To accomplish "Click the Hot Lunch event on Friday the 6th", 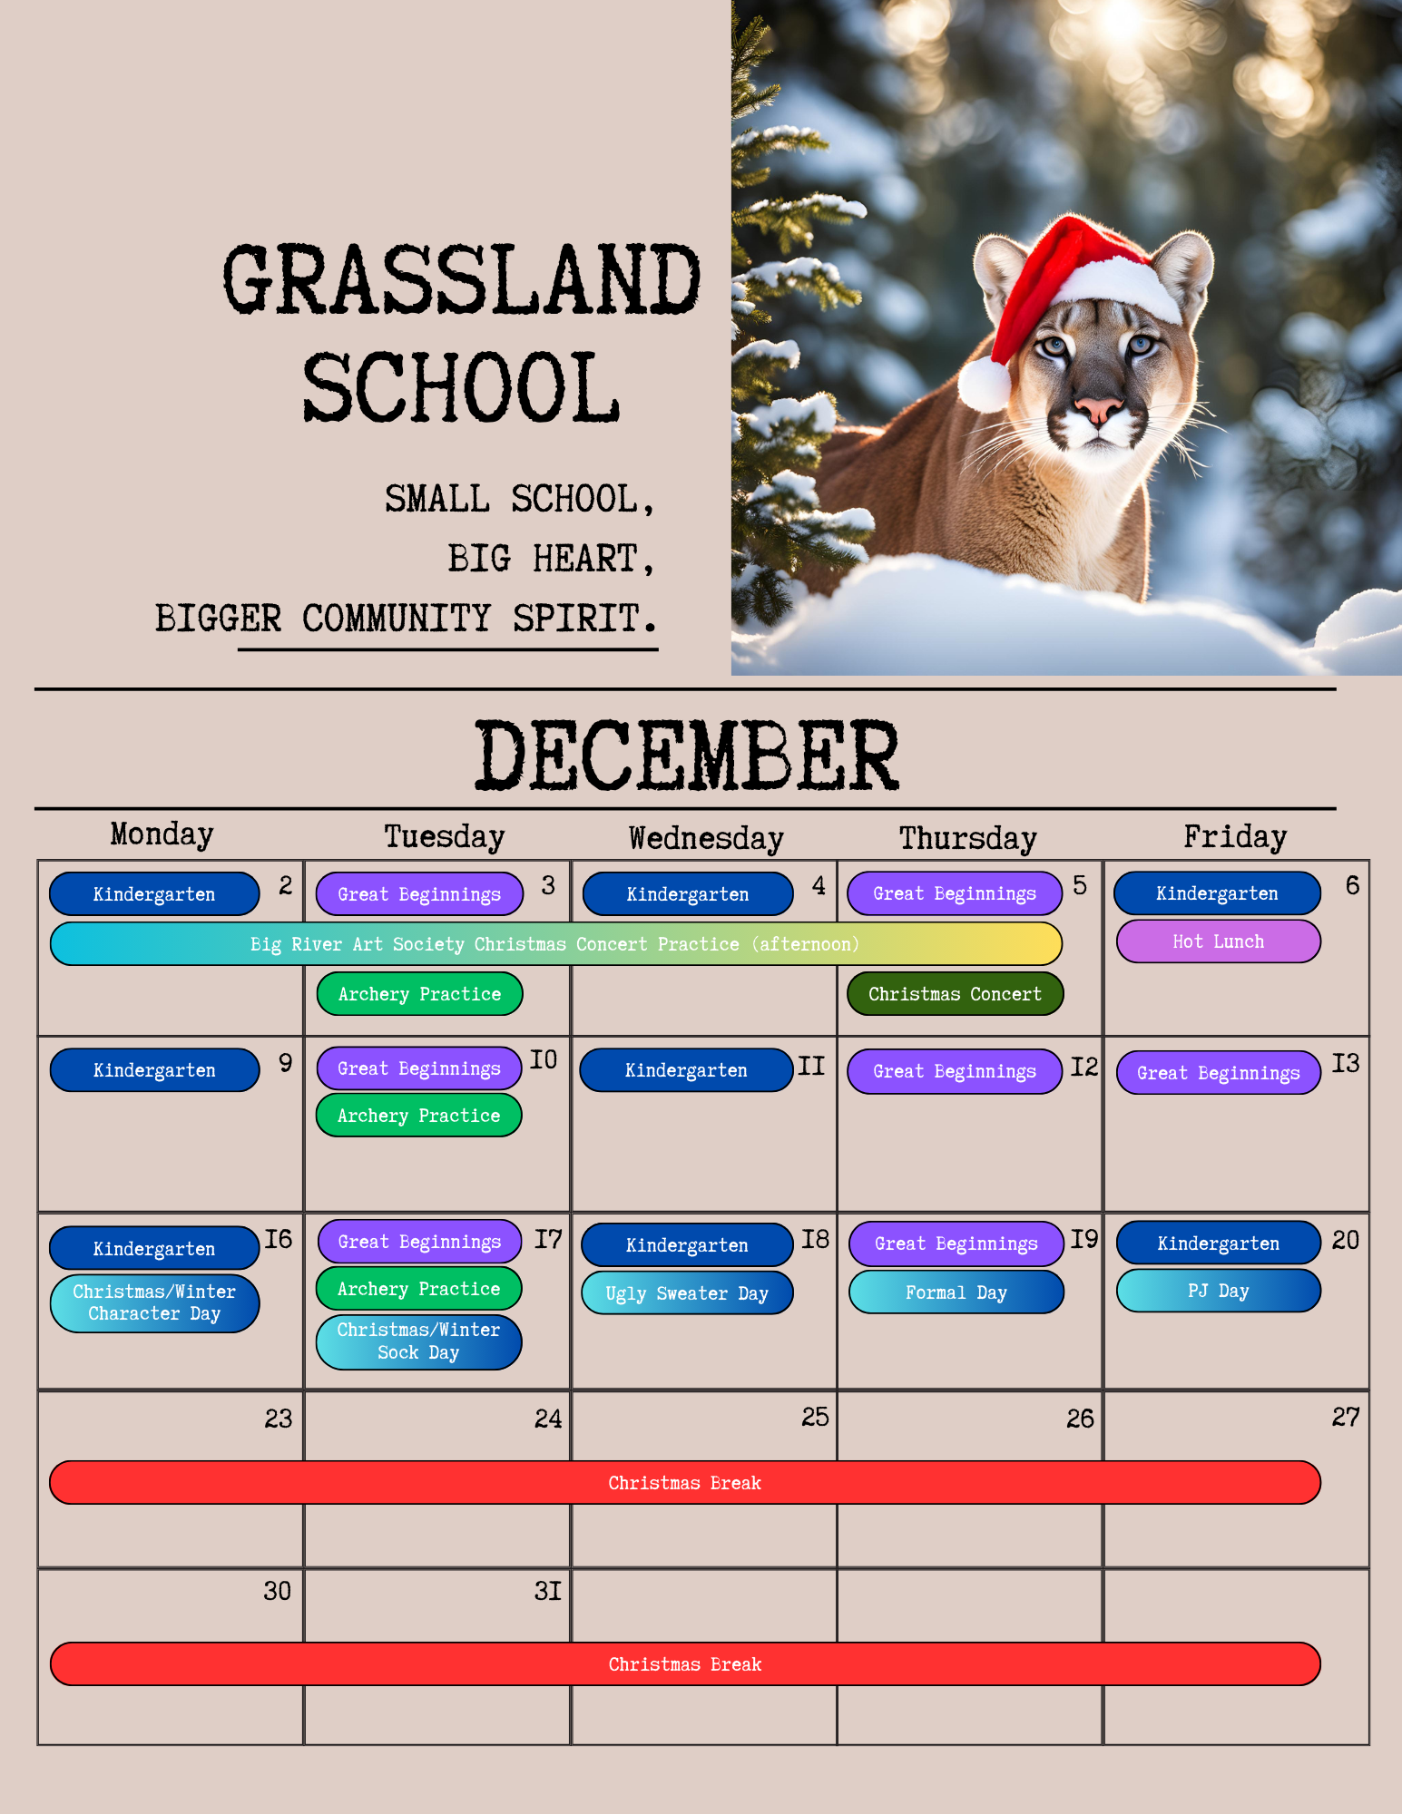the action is [x=1218, y=941].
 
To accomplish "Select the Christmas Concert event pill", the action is [x=956, y=994].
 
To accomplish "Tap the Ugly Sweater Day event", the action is [x=687, y=1293].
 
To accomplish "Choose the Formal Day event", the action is [x=956, y=1292].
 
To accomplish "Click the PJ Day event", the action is [x=1218, y=1291].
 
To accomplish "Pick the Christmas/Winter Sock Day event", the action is [x=418, y=1341].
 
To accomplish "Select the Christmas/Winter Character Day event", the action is [x=154, y=1303].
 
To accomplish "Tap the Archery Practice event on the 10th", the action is [x=418, y=1116].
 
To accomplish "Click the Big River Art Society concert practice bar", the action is [x=555, y=944].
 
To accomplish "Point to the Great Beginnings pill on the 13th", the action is [x=1218, y=1073].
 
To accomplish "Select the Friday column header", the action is [x=1235, y=837].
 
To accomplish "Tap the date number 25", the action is [x=815, y=1418].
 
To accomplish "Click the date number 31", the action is [x=548, y=1591].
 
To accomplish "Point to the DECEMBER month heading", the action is [x=687, y=755].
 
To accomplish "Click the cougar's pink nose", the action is [x=1097, y=409].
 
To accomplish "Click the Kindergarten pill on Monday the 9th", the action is [x=154, y=1070].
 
